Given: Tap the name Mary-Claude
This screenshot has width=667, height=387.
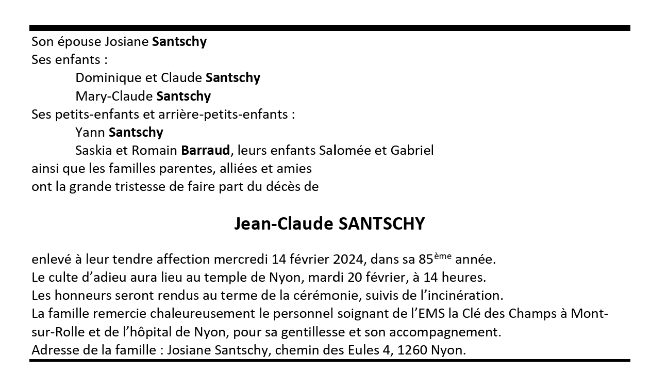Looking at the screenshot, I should click(x=114, y=96).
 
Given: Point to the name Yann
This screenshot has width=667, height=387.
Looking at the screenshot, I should click(x=90, y=133).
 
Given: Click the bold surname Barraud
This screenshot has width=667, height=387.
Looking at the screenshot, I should click(x=205, y=151).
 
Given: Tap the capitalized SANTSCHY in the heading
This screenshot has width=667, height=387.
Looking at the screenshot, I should click(x=381, y=224).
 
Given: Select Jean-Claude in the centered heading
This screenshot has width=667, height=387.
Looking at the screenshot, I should click(x=284, y=224).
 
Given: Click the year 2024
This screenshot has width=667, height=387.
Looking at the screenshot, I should click(x=348, y=259).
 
